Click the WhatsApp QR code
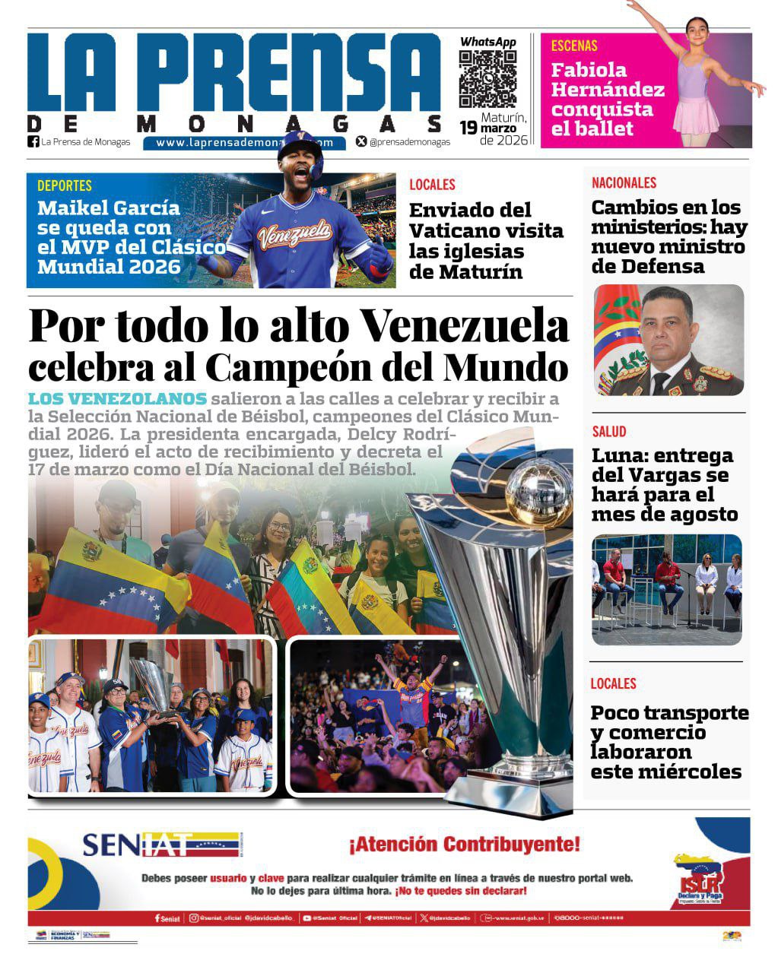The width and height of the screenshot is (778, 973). (487, 80)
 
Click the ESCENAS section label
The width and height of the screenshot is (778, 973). (574, 46)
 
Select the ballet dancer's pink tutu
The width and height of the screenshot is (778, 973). (696, 116)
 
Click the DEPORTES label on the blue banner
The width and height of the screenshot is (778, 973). (65, 185)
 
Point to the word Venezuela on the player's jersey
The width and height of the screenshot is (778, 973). (295, 235)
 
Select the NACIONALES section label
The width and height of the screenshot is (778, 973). (624, 182)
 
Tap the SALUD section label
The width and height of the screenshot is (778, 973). (609, 432)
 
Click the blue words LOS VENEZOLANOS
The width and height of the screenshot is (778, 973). (117, 399)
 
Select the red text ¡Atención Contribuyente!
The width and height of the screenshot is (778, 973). (464, 844)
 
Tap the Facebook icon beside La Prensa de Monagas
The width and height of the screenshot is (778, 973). (33, 141)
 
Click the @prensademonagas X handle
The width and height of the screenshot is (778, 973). (409, 141)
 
